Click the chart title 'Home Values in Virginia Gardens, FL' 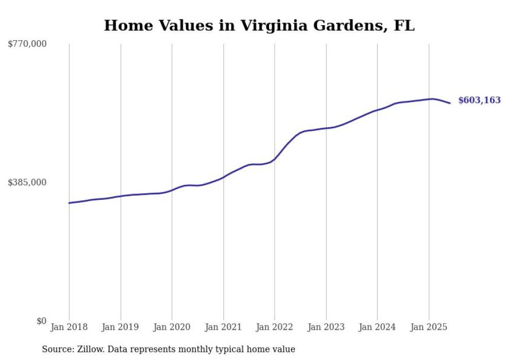click(x=259, y=25)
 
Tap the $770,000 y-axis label click(x=27, y=44)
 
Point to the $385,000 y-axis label click(x=27, y=182)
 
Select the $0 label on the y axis click(x=41, y=321)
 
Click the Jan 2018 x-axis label click(x=69, y=327)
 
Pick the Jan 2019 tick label click(x=121, y=327)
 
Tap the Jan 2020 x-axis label click(x=172, y=327)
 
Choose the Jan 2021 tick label click(x=223, y=327)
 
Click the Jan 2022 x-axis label click(x=275, y=327)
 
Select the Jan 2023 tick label click(x=326, y=327)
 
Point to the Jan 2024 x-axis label click(x=377, y=327)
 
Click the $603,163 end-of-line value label click(x=479, y=100)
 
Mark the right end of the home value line click(x=450, y=104)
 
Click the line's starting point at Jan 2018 click(x=69, y=203)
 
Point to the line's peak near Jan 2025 click(x=432, y=98)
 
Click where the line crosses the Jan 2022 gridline click(x=275, y=159)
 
